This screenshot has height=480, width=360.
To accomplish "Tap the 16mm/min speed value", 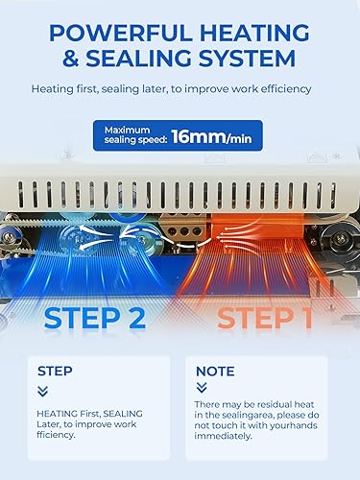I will coord(213,136).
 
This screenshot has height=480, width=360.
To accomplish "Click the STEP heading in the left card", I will coord(54,370).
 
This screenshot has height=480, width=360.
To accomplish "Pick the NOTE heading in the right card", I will coord(215,371).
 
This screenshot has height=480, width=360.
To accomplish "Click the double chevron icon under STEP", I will coord(42,391).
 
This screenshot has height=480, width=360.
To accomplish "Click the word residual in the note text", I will coord(272,407).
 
